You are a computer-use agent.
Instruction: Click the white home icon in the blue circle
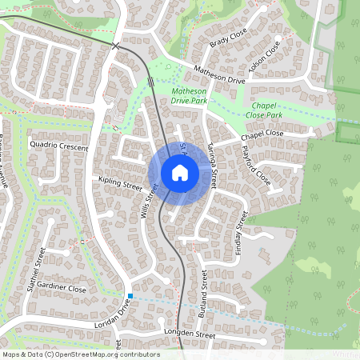pos(179,173)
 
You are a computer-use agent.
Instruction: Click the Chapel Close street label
pos(261,137)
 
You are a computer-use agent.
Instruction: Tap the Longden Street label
pos(189,332)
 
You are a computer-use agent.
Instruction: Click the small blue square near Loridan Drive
pos(130,296)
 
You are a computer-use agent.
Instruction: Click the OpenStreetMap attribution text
pos(81,354)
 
